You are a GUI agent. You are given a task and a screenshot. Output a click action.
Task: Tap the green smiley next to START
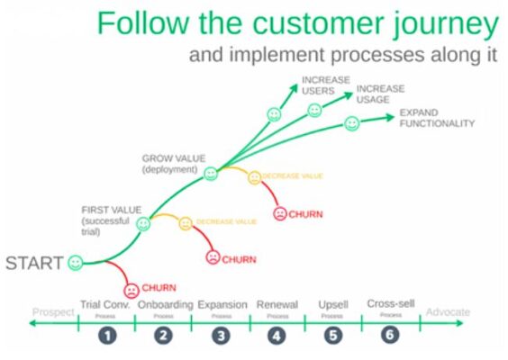(76, 263)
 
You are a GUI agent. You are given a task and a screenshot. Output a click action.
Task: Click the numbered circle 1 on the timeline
(108, 336)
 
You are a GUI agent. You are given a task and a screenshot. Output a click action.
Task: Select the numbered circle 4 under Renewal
(277, 336)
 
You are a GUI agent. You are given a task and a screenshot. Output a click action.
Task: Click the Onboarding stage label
(165, 305)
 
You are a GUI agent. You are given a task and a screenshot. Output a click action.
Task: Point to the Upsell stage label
(332, 305)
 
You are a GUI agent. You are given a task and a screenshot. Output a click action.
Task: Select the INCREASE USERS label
(326, 85)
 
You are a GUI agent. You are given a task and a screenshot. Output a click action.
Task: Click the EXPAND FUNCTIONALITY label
(436, 118)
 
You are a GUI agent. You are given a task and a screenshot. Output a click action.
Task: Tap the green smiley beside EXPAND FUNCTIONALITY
(352, 123)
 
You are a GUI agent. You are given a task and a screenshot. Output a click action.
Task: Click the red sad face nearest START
(132, 290)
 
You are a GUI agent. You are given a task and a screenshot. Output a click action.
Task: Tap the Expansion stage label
(222, 305)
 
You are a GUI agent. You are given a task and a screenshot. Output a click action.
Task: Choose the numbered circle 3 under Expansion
(221, 336)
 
